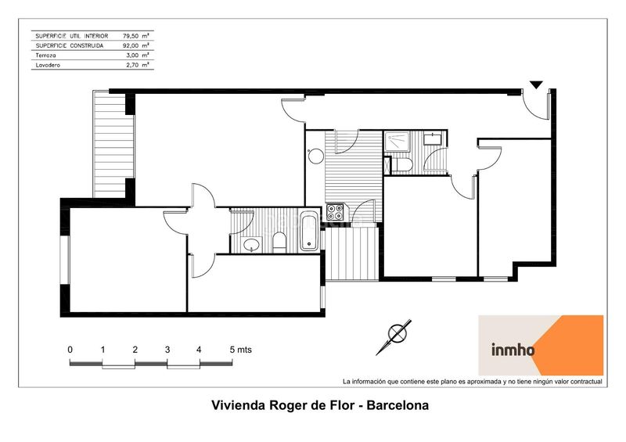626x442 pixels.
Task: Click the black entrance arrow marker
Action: tap(537, 84)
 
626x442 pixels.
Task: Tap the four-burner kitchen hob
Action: tap(335, 212)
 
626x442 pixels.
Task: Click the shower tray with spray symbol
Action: tap(396, 142)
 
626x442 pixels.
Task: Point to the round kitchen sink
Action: tap(317, 156)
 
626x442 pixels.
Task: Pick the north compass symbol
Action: tap(394, 336)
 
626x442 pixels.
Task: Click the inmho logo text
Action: tap(513, 350)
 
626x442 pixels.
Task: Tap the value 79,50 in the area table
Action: tap(131, 36)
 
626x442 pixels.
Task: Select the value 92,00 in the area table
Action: tap(131, 45)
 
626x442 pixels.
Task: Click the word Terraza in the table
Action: tap(45, 56)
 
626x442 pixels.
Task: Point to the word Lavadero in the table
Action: tap(48, 65)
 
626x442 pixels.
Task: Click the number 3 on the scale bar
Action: tap(167, 350)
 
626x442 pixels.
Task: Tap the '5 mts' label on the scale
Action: tap(241, 350)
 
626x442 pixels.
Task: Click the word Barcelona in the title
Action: tap(398, 406)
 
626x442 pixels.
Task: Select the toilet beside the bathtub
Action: tap(279, 243)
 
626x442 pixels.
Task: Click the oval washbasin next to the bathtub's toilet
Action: tap(251, 244)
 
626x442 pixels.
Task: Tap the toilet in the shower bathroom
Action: tap(405, 164)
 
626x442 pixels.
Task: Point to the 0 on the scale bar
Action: tap(70, 350)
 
